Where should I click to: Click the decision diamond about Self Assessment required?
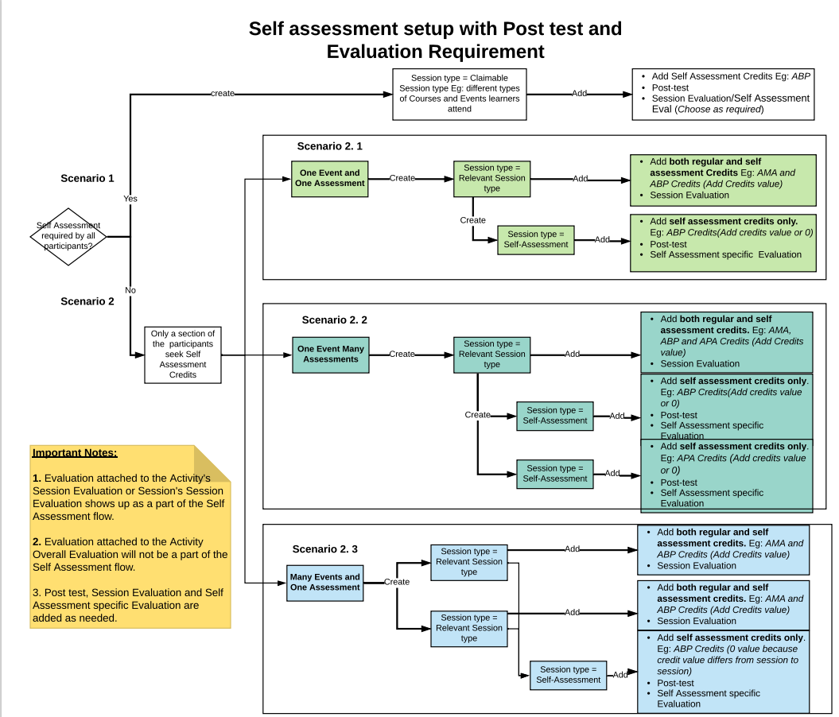68,236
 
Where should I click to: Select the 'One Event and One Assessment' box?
329,178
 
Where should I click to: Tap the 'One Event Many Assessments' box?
331,354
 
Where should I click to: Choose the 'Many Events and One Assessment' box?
324,582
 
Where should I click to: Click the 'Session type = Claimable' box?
460,94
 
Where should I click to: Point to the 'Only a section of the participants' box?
183,354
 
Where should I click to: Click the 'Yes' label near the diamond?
130,198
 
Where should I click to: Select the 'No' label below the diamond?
130,290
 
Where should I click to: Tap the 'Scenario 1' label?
87,178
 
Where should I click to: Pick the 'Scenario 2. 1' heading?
329,146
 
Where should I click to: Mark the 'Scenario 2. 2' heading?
334,320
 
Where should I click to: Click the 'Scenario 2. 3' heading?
325,548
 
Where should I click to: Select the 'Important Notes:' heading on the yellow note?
75,453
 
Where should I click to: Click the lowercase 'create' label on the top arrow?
223,93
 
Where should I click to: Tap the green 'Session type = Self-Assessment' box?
536,239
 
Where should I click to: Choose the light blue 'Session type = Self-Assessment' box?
568,674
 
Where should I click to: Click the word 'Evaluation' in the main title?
375,52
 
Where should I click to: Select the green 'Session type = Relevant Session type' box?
491,178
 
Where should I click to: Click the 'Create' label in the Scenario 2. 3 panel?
397,582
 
